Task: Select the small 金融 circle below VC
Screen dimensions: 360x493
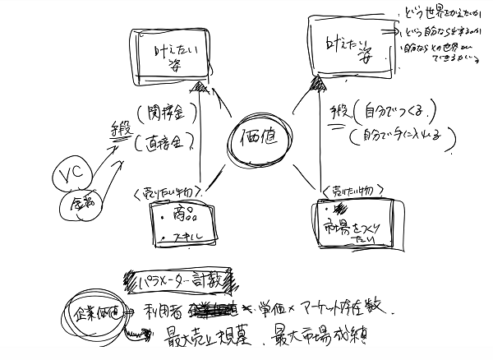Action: [x=81, y=201]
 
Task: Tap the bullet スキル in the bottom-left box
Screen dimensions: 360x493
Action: [x=182, y=238]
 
